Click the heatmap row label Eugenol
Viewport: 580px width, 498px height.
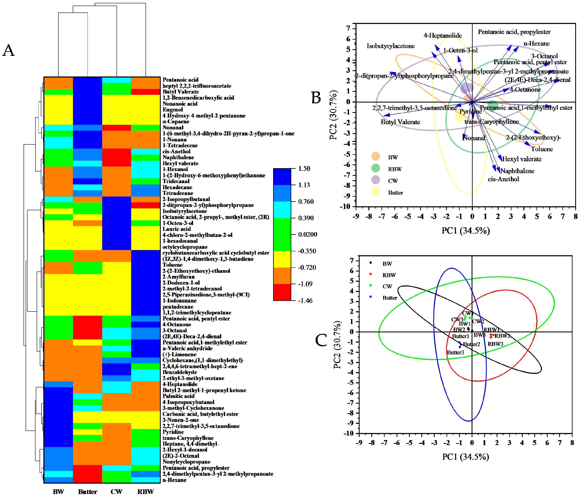[172, 110]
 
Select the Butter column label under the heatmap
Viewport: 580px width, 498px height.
[88, 492]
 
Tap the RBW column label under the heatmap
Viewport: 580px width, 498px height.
[146, 492]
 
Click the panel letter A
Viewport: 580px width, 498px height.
[8, 51]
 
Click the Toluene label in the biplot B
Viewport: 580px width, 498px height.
[542, 149]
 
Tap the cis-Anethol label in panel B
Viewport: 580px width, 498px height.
[503, 179]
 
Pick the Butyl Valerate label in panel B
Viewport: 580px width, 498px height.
[400, 122]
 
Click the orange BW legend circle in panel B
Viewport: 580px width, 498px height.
[376, 157]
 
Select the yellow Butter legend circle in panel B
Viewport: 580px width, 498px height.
[376, 192]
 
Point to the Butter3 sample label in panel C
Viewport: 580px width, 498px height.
[456, 353]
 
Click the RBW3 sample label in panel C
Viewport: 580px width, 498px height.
[496, 344]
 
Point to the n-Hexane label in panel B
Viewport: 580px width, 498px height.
[537, 44]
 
